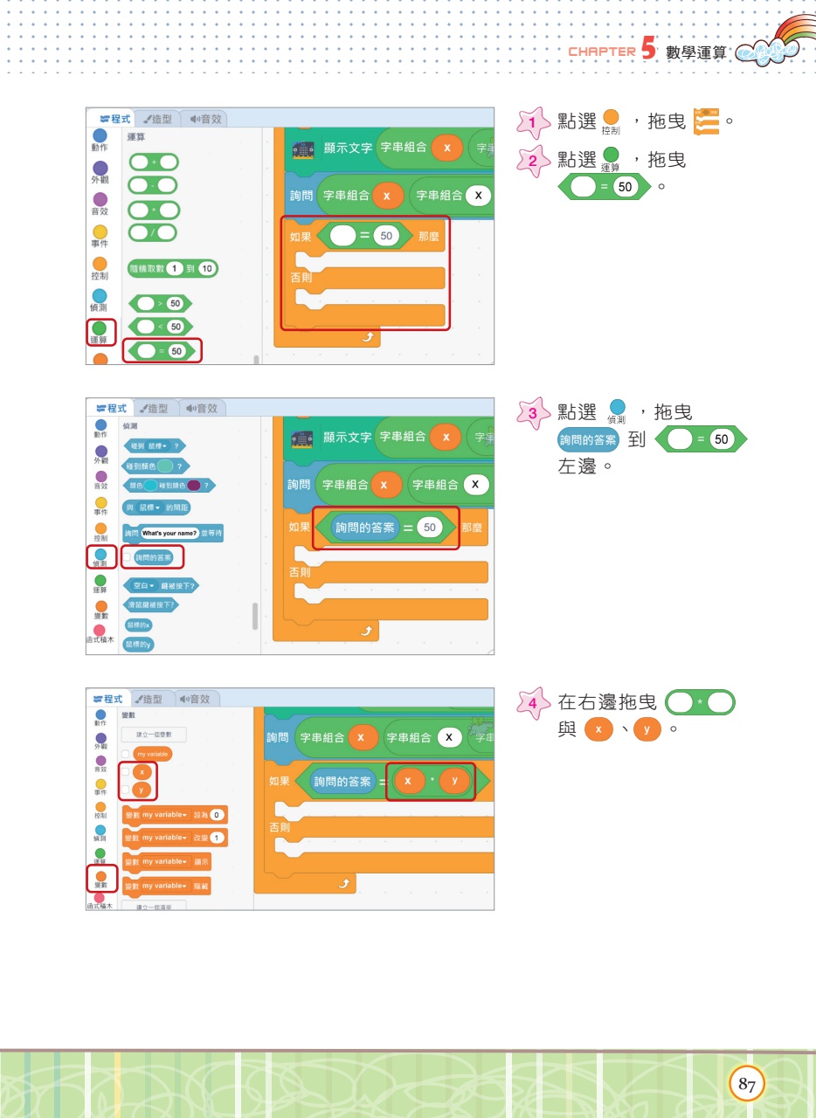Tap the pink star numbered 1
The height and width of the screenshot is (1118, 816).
point(530,123)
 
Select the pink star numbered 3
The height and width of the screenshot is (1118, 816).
point(530,412)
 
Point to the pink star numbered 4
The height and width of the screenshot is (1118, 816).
point(530,702)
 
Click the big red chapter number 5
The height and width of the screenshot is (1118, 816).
point(647,49)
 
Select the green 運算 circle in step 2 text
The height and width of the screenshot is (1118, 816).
point(611,155)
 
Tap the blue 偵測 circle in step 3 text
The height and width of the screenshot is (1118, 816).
point(618,407)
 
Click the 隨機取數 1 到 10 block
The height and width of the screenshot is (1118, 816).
point(172,269)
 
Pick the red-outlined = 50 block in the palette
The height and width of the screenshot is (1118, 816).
point(162,350)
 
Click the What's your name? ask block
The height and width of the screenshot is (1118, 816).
point(173,533)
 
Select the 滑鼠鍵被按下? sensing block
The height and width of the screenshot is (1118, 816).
point(151,604)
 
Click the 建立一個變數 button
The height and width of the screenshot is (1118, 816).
point(154,735)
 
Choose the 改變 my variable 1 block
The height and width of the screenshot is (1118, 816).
point(175,838)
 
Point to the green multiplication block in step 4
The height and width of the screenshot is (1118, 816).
point(700,702)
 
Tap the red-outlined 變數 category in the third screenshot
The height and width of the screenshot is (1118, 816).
point(101,877)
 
